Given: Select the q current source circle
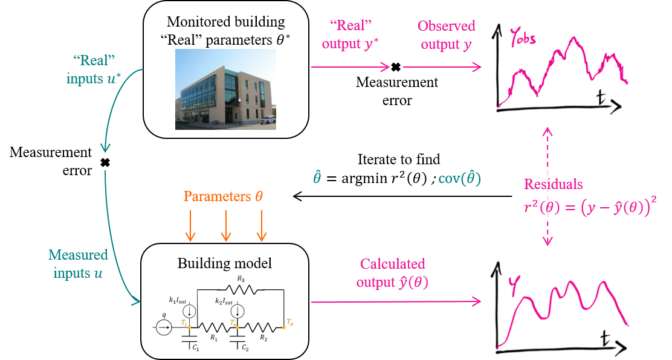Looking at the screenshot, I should point(163,327).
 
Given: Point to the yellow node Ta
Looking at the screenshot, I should point(283,327).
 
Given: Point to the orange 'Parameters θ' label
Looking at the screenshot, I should point(224,197).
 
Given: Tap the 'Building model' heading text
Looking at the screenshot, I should point(224,263).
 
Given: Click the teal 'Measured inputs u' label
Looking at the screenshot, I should point(77,264).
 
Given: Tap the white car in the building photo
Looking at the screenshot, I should point(266,119).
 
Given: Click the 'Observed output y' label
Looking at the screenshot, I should point(447,35).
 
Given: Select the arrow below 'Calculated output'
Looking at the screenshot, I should point(396,301).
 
